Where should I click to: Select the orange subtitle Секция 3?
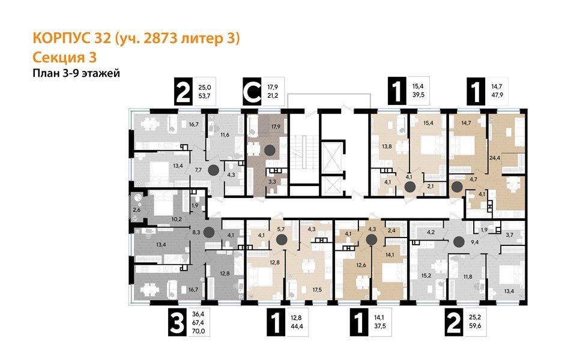tap(62, 58)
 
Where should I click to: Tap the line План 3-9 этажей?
tap(76, 74)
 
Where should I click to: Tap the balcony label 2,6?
tap(137, 210)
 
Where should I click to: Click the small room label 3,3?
tap(272, 181)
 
